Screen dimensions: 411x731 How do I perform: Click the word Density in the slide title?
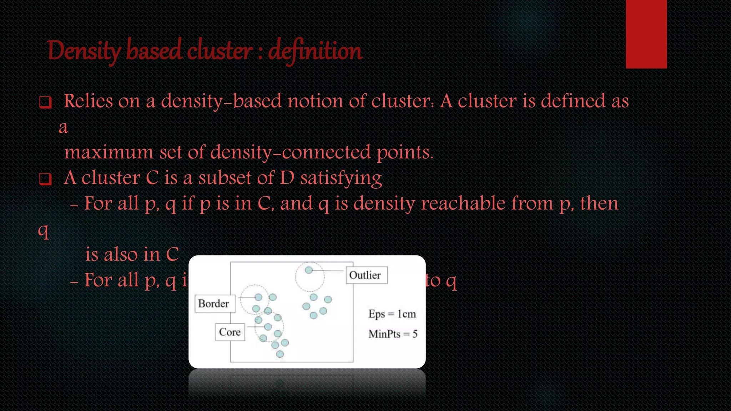click(x=84, y=51)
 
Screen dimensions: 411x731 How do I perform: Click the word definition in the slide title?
click(x=315, y=51)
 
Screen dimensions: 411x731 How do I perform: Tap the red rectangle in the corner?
click(x=646, y=34)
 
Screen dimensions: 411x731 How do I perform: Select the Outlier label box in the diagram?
click(x=366, y=275)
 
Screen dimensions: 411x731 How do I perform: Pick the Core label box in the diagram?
click(x=230, y=332)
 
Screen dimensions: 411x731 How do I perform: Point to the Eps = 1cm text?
click(x=392, y=314)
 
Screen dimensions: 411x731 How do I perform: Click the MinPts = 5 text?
click(x=393, y=334)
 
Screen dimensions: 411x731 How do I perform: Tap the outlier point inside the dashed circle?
click(x=309, y=270)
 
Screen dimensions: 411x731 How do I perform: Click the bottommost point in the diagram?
click(x=280, y=354)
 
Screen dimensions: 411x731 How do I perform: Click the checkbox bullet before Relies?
click(x=45, y=102)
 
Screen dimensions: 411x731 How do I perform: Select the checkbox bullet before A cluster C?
click(x=45, y=179)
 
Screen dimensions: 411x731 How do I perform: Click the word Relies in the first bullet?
click(x=88, y=101)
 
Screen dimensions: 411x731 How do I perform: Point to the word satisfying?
click(x=341, y=178)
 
